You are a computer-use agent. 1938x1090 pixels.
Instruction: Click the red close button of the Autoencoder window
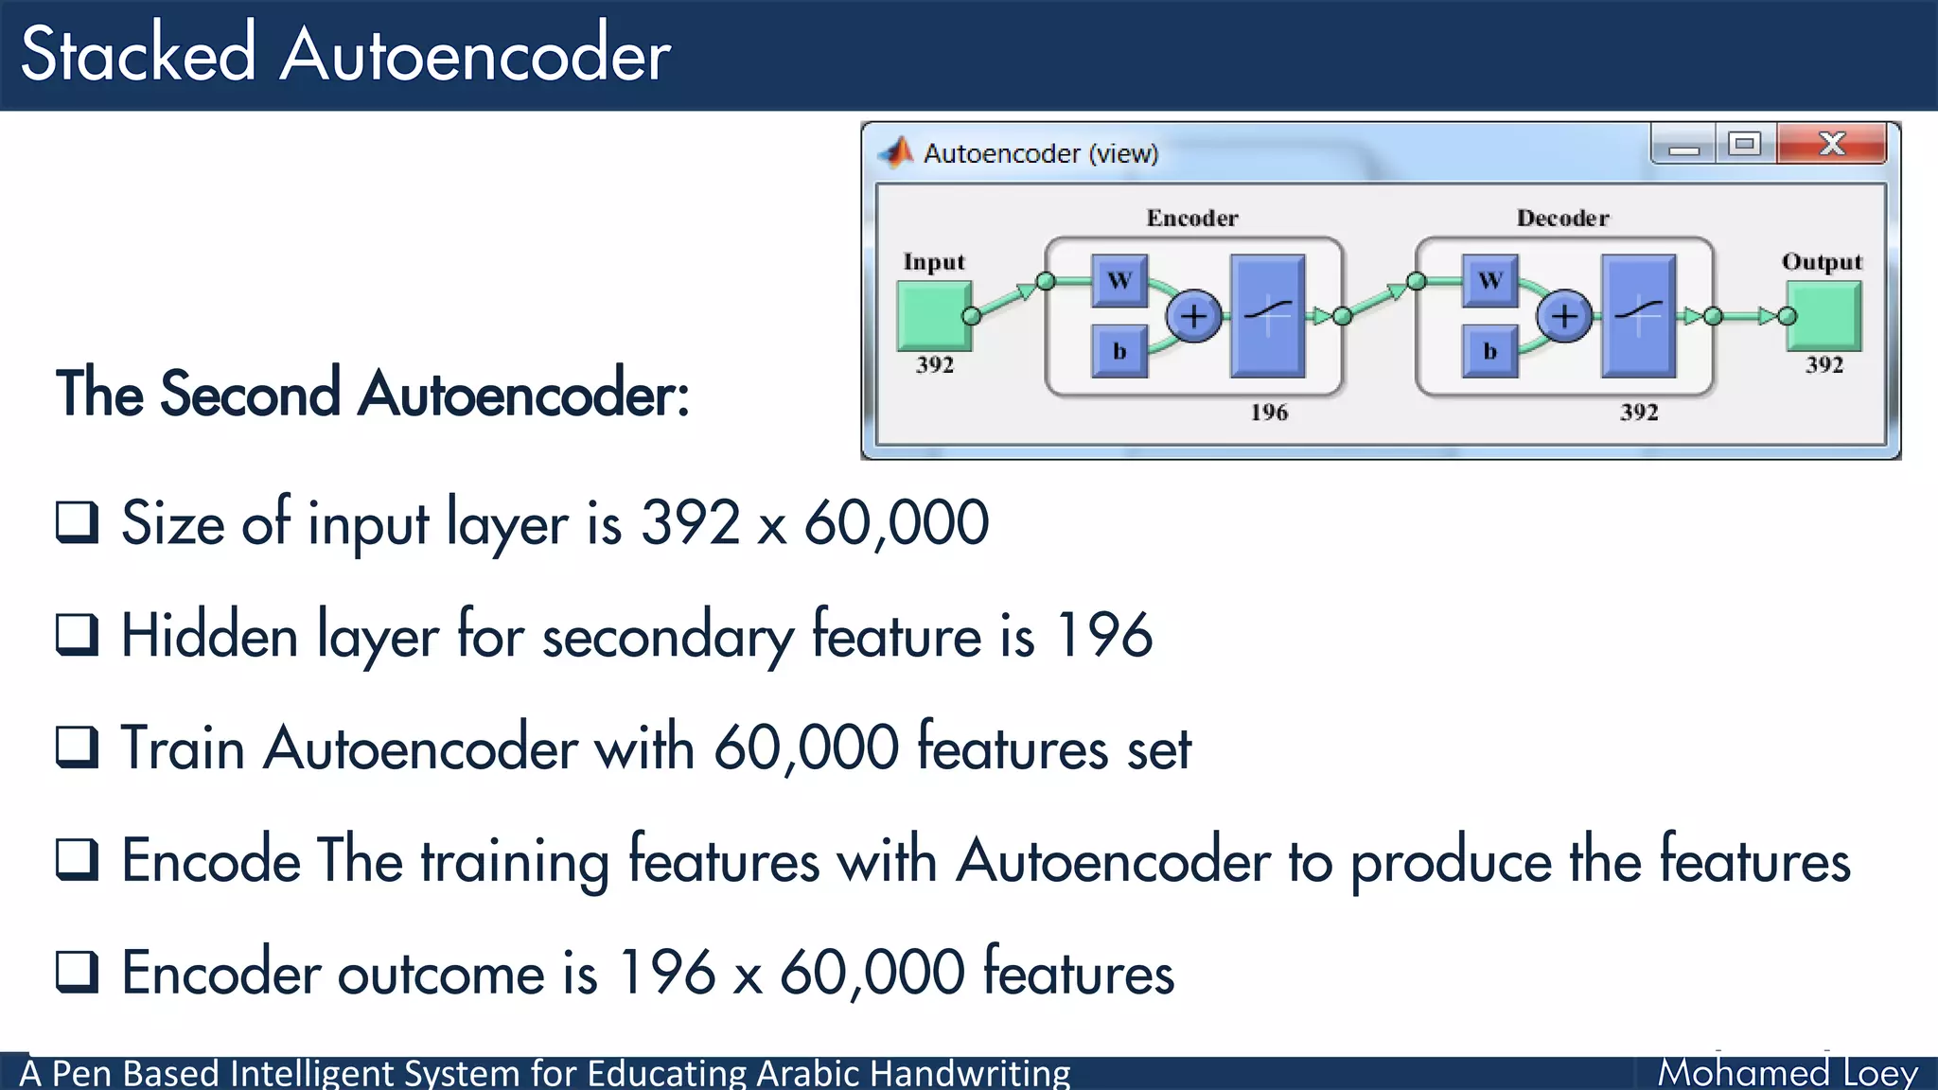pos(1831,144)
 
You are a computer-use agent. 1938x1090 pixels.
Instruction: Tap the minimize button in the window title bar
pos(1683,146)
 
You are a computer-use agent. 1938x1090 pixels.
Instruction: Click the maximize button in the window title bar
pos(1744,144)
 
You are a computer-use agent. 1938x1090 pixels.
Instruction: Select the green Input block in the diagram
pos(932,316)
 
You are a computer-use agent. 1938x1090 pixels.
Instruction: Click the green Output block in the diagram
pos(1825,316)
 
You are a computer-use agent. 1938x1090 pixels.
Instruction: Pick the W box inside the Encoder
pos(1119,280)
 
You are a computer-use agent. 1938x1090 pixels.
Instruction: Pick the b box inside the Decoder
pos(1489,352)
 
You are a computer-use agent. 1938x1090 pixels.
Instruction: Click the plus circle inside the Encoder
pos(1193,316)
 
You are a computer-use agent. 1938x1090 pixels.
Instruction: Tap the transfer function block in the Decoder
pos(1638,315)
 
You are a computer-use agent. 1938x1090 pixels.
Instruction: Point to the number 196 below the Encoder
pos(1268,413)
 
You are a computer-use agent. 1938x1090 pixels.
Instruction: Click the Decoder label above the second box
pos(1562,219)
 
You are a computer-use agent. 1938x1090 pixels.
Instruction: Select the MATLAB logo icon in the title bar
pos(895,152)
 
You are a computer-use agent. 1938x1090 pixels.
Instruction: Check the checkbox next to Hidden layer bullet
pos(77,635)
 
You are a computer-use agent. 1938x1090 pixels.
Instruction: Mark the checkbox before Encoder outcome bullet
pos(77,972)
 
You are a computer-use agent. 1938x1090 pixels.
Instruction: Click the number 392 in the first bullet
pos(690,522)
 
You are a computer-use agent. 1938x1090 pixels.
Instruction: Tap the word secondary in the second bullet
pos(667,636)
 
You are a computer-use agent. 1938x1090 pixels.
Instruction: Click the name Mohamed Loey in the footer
pos(1787,1073)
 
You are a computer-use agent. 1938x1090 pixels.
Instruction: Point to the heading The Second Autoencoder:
pos(372,394)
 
